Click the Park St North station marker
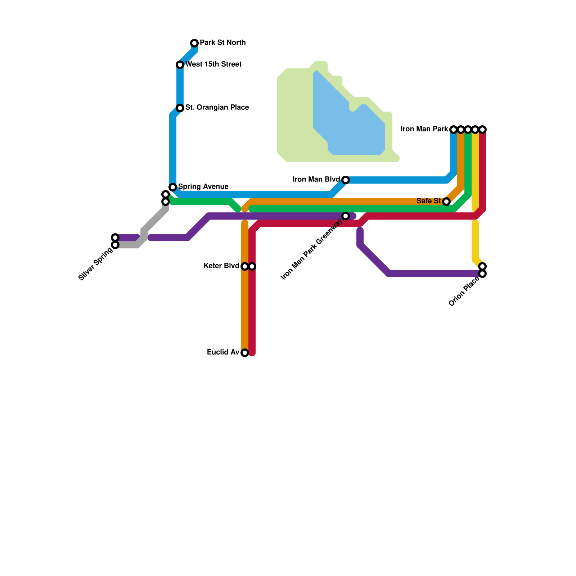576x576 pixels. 194,43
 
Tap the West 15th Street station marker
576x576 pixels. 180,65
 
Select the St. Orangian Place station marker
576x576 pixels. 180,108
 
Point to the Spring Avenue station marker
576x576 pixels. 173,187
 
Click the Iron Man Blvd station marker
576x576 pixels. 346,180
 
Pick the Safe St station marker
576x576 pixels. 446,202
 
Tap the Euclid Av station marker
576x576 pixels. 245,353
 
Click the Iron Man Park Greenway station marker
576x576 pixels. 346,216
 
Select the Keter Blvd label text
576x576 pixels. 221,266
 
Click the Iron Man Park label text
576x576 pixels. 424,129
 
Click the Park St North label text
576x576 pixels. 222,43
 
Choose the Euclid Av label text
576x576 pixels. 223,352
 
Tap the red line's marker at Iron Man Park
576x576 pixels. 482,130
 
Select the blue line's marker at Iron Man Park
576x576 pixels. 454,130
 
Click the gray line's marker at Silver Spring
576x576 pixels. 115,245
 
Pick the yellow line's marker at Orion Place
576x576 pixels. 482,266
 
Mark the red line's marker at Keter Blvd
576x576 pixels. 252,266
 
